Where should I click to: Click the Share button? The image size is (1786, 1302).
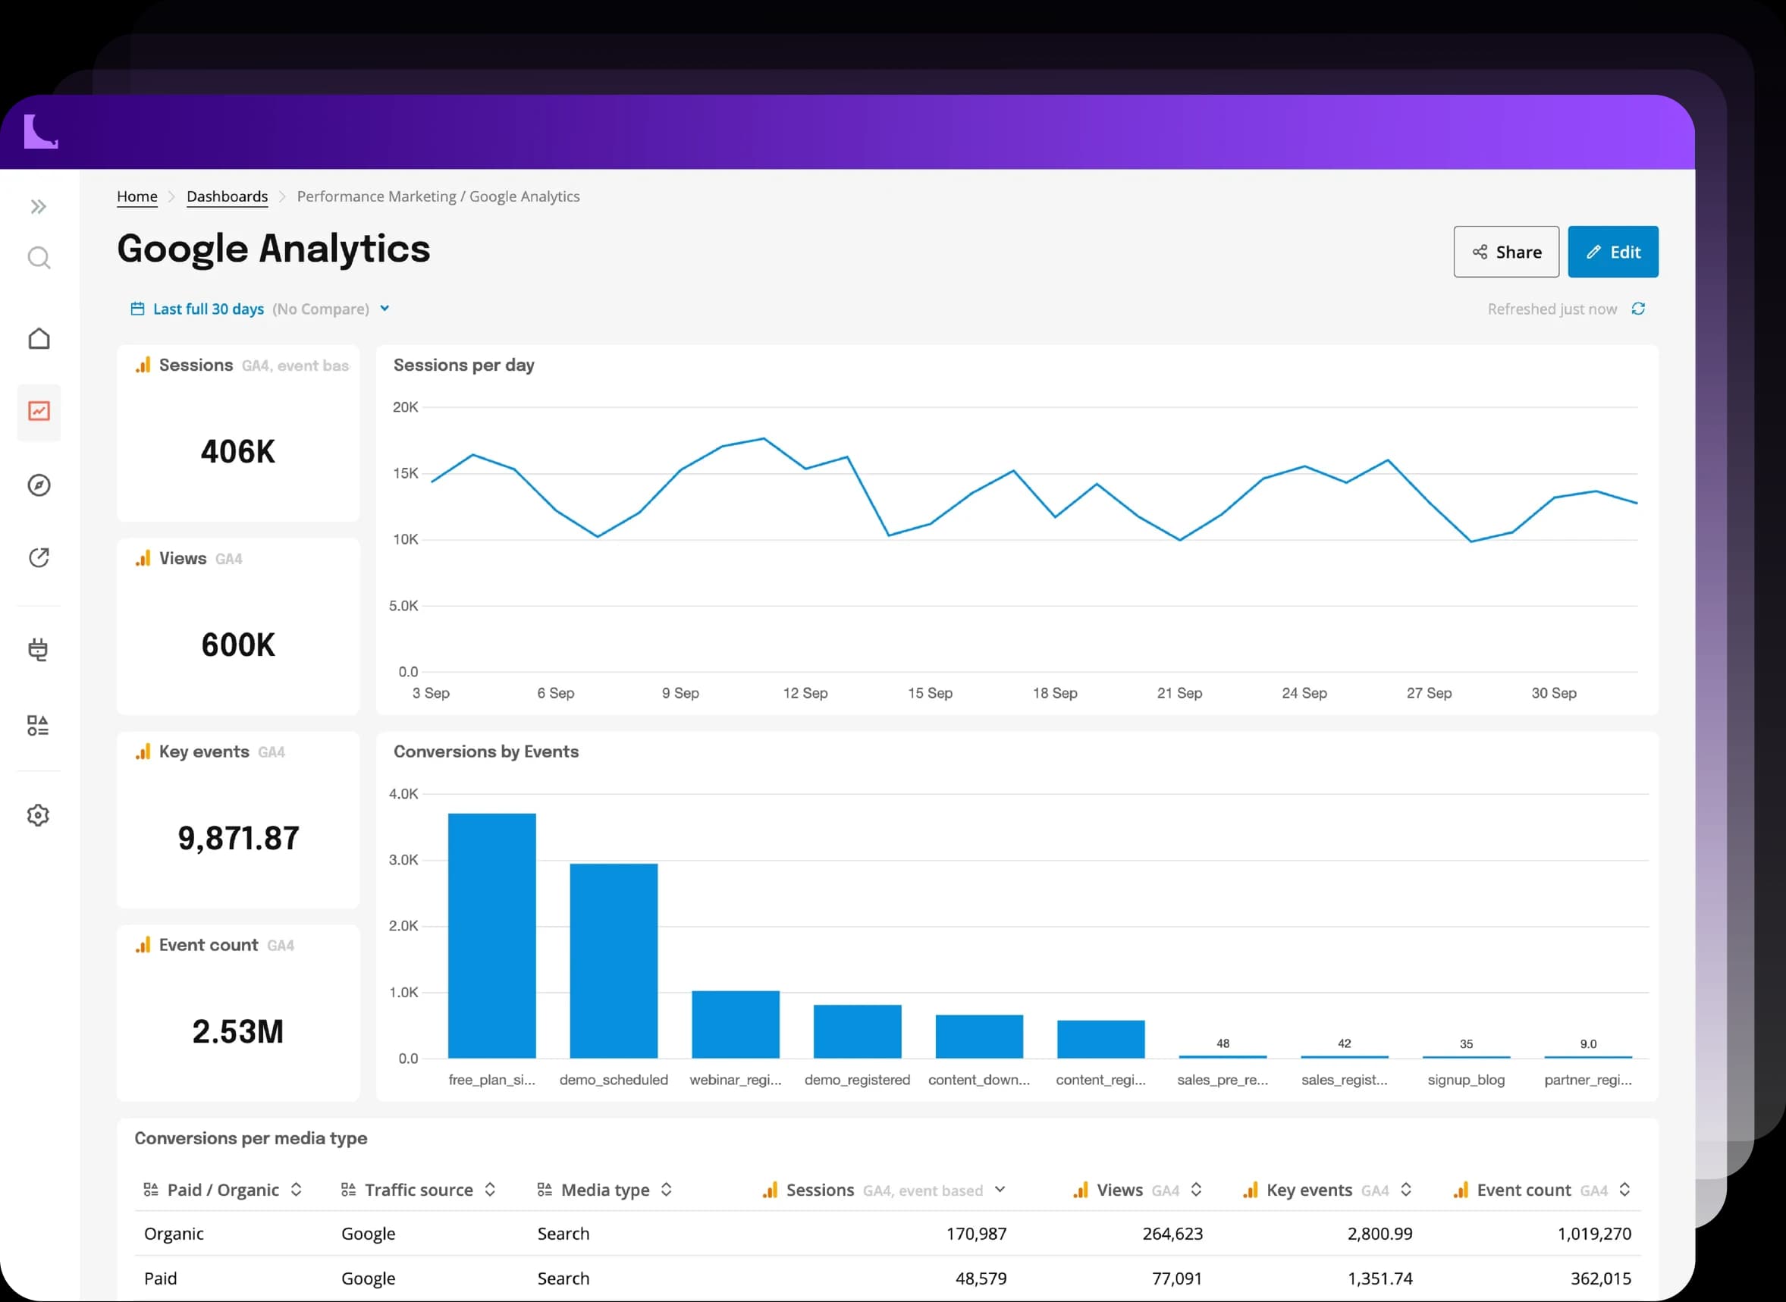click(x=1505, y=252)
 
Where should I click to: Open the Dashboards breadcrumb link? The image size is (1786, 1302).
click(x=227, y=196)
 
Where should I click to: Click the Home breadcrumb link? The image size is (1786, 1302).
click(x=137, y=196)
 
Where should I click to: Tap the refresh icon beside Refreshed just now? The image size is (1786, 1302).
click(x=1638, y=309)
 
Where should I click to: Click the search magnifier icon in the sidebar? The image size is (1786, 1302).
click(x=39, y=258)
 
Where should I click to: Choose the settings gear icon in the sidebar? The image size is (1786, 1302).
click(x=38, y=815)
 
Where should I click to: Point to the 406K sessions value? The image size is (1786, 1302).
click(x=238, y=452)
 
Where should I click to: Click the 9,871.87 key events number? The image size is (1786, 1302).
click(x=239, y=839)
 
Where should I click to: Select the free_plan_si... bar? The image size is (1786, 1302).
click(x=492, y=936)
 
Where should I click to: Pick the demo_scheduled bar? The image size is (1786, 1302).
click(x=614, y=961)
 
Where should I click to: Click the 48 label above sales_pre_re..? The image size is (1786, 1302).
click(x=1223, y=1043)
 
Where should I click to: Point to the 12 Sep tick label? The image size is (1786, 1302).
click(x=805, y=693)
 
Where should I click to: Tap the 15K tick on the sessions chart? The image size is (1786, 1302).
click(x=405, y=474)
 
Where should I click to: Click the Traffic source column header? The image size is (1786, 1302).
click(x=418, y=1190)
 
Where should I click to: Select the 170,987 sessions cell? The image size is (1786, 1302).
click(x=977, y=1234)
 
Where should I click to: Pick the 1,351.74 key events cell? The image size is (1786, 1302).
click(x=1380, y=1278)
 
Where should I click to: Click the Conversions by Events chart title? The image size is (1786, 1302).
click(x=485, y=752)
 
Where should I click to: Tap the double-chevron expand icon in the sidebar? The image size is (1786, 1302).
click(x=39, y=206)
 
